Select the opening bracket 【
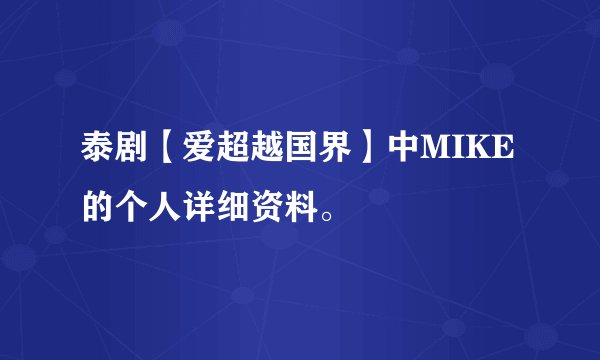[164, 150]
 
